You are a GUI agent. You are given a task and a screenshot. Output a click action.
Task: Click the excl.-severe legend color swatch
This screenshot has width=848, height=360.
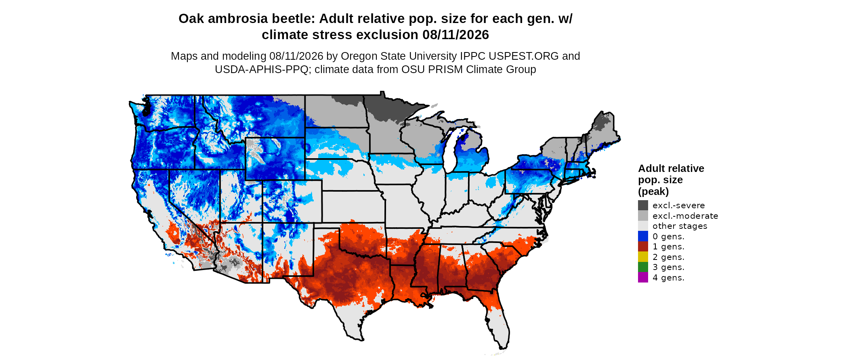coord(643,205)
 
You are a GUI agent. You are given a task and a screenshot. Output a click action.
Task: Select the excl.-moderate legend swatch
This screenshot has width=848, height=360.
coord(643,216)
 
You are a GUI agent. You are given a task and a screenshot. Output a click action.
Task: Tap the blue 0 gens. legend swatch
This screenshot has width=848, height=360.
coord(643,237)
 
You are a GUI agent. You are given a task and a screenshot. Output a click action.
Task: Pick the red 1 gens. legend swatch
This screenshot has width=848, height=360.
coord(643,247)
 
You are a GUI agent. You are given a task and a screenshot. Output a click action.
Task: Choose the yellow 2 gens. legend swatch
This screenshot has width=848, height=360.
coord(643,257)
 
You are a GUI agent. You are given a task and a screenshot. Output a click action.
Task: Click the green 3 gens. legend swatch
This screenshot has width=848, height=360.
coord(643,267)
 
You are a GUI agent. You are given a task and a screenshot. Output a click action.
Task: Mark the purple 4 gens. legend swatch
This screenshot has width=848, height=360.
coord(643,278)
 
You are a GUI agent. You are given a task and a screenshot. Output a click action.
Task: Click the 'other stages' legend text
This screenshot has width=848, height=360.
coord(680,226)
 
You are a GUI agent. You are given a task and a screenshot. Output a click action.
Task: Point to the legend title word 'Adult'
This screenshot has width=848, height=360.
coord(651,168)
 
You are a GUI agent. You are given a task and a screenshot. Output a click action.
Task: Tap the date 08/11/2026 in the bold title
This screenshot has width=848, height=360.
coord(455,35)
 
